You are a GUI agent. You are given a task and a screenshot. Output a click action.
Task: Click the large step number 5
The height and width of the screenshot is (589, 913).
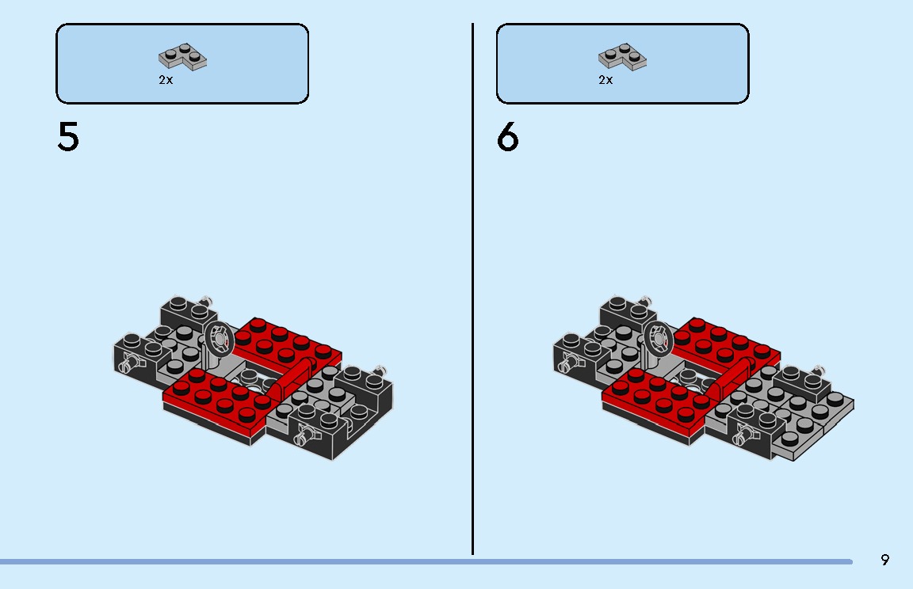[68, 137]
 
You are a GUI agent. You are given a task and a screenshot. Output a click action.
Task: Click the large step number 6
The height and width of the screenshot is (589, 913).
[507, 137]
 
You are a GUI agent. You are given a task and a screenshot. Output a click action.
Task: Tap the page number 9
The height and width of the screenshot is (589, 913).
[884, 560]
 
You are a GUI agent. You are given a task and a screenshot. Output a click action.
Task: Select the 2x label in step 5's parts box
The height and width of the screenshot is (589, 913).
[165, 80]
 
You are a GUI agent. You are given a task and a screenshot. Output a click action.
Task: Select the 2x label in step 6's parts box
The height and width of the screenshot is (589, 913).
[605, 80]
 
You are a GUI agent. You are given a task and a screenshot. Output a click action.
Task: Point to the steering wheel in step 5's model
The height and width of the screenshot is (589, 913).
[218, 340]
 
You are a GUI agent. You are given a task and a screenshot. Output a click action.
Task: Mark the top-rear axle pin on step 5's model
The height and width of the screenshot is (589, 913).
[208, 300]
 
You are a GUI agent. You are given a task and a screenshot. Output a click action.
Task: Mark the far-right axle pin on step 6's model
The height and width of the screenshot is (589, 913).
[820, 370]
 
